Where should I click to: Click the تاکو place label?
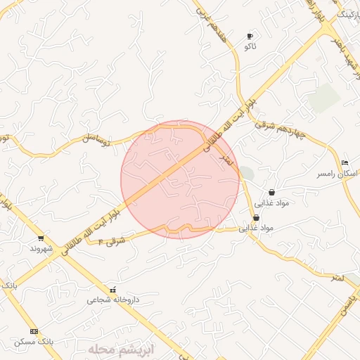point(250,46)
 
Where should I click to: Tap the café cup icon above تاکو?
point(250,36)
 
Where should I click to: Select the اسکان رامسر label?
point(337,173)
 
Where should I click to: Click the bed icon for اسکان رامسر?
point(344,163)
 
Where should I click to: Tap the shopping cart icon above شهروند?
point(41,238)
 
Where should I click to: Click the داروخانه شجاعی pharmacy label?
point(113,300)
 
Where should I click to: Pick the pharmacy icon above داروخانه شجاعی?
point(113,290)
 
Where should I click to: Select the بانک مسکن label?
point(34,341)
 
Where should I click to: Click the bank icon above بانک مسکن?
point(34,331)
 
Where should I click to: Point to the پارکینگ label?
point(348,13)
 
